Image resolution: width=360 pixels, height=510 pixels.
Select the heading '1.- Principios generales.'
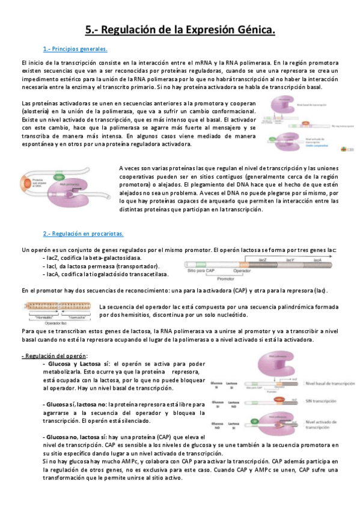coord(75,49)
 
